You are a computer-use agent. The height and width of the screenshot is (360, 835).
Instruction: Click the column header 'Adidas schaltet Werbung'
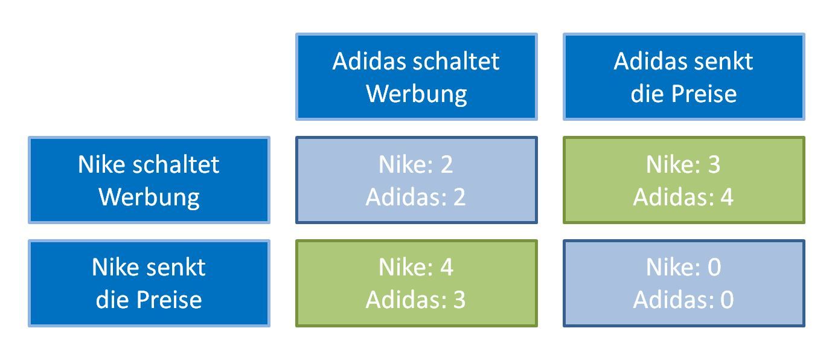tap(416, 77)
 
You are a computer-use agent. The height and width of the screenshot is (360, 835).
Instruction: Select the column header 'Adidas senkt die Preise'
tap(683, 77)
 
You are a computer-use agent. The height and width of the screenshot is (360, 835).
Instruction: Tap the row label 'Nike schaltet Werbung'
tap(149, 180)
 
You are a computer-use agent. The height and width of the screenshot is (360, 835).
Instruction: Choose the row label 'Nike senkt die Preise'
tap(149, 283)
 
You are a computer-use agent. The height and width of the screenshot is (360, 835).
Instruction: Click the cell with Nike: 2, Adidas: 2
tap(416, 180)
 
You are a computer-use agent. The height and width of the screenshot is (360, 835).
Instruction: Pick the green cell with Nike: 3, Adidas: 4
tap(683, 180)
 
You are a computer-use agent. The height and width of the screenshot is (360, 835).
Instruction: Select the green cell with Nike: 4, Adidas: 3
tap(416, 283)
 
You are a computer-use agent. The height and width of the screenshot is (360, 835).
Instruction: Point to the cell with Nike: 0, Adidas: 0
tap(683, 283)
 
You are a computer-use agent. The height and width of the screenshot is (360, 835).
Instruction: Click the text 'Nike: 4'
tap(416, 268)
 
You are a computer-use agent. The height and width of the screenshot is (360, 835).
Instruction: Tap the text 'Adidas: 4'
tap(683, 197)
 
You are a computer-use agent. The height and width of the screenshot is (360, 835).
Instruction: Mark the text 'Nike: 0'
tap(683, 268)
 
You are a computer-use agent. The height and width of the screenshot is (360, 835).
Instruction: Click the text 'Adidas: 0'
tap(683, 300)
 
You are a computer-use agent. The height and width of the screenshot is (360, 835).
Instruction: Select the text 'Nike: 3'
tap(683, 164)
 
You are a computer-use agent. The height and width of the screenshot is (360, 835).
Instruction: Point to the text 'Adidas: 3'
tap(416, 300)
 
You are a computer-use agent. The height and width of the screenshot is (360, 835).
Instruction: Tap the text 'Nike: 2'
tap(416, 164)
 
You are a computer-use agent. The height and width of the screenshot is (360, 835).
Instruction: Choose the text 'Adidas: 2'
tap(416, 197)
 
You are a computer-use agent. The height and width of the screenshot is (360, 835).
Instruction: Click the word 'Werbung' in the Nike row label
tap(149, 197)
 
